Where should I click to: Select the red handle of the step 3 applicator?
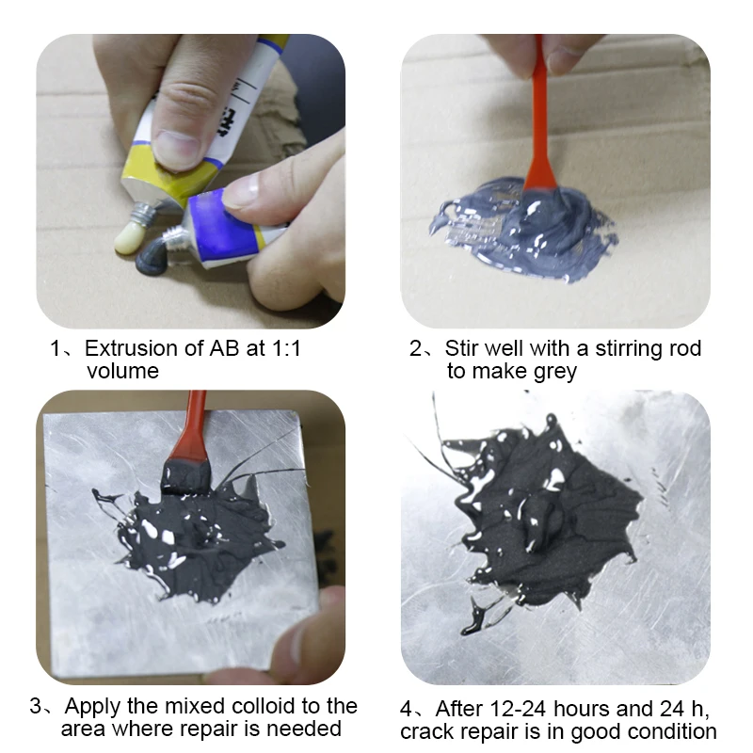tap(192, 426)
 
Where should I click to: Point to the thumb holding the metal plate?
tap(308, 633)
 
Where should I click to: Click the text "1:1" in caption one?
tap(286, 348)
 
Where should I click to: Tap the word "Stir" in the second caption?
tap(461, 348)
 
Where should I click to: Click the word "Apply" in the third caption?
tap(93, 708)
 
